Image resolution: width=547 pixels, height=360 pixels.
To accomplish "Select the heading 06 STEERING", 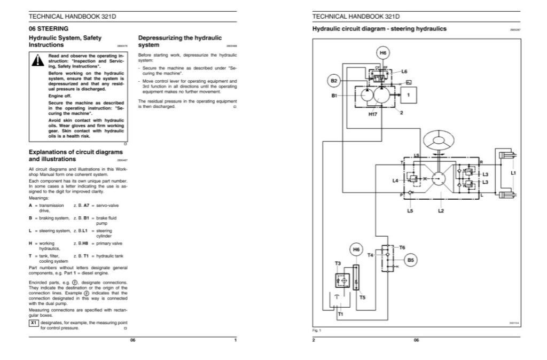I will tap(48, 28).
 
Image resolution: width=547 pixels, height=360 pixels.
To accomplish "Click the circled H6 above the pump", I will tap(383, 53).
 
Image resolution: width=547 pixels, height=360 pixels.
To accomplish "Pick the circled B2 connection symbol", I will tap(334, 81).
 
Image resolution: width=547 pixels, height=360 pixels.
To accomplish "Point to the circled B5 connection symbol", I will tap(410, 260).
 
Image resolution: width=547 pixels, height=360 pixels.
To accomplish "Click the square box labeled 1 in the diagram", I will tap(408, 95).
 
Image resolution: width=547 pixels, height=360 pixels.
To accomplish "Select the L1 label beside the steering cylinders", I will tap(513, 173).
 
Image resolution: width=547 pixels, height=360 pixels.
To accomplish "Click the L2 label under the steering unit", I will tap(441, 211).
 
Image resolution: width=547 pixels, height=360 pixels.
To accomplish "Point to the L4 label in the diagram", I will tap(395, 181).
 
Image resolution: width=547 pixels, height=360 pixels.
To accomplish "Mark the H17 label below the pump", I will tap(373, 114).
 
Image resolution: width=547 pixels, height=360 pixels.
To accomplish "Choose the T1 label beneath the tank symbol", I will tap(340, 315).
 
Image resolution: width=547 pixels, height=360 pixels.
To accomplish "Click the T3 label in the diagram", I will tap(338, 264).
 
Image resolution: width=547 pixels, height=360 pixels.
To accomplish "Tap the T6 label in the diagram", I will tap(402, 247).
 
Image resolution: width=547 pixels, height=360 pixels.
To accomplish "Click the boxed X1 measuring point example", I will tap(33, 323).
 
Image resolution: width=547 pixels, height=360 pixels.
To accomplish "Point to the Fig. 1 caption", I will tap(316, 330).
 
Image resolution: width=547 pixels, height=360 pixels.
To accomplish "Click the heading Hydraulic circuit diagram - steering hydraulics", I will tap(379, 29).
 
